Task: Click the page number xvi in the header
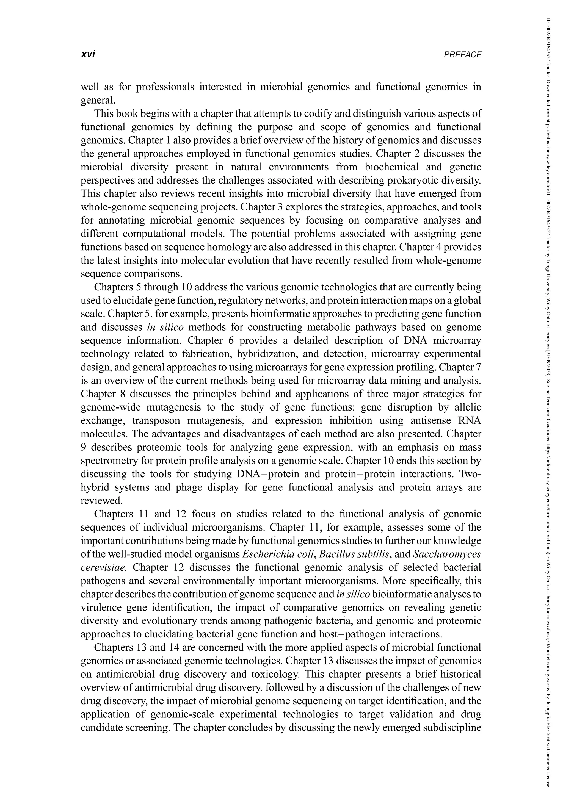(88, 55)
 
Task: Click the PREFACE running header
(462, 55)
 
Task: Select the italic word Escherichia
(262, 554)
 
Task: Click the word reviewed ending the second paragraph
(101, 501)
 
